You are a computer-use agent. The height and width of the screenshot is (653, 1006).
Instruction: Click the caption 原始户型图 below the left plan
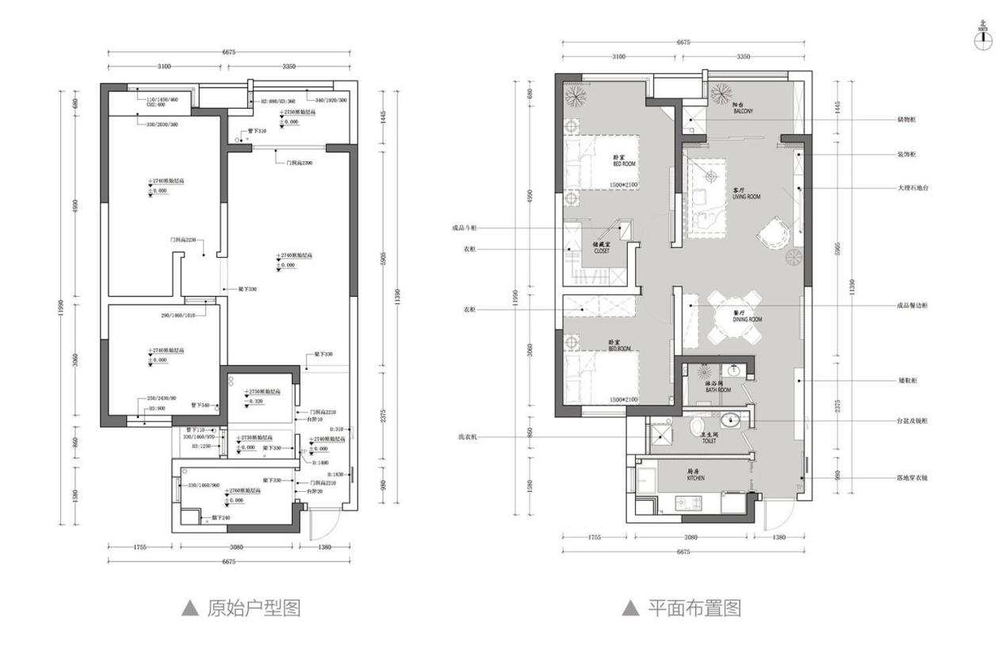point(241,609)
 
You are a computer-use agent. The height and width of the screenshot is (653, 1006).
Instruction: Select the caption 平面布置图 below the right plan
point(682,609)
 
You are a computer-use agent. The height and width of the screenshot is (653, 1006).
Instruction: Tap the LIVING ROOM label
point(746,194)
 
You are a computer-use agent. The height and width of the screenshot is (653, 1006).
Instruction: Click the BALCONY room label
point(743,110)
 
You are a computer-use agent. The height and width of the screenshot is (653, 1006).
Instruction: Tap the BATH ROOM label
point(717,387)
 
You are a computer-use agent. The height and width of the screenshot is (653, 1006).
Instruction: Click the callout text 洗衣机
point(469,437)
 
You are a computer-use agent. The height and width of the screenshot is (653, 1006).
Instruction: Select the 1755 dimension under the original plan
point(140,547)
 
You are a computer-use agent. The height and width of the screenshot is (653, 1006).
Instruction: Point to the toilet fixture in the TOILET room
point(698,428)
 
